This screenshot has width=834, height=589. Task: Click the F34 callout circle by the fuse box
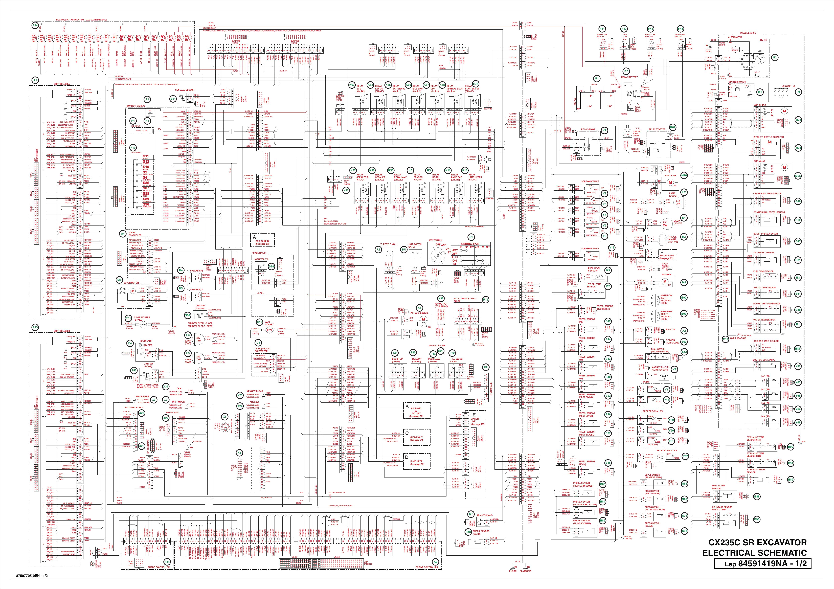(35, 26)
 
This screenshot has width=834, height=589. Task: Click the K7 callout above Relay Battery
(626, 72)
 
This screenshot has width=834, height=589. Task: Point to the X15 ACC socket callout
(259, 322)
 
